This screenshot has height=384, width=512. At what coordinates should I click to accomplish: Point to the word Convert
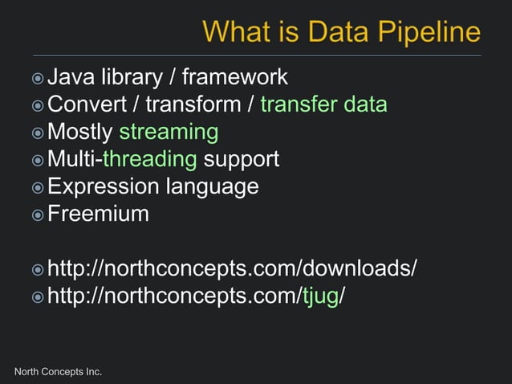pyautogui.click(x=86, y=104)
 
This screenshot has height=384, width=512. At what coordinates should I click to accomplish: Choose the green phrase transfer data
pyautogui.click(x=323, y=104)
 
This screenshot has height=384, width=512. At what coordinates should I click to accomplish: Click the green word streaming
pyautogui.click(x=169, y=131)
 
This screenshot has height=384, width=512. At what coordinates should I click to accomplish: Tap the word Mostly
pyautogui.click(x=80, y=131)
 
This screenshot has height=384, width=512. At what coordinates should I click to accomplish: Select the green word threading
pyautogui.click(x=149, y=158)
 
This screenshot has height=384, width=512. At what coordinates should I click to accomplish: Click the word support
pyautogui.click(x=242, y=158)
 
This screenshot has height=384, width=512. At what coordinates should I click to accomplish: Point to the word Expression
pyautogui.click(x=104, y=186)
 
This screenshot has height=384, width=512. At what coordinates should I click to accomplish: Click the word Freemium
pyautogui.click(x=98, y=214)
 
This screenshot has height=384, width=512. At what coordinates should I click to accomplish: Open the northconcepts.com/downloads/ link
pyautogui.click(x=232, y=268)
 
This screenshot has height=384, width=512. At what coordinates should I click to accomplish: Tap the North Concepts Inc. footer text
pyautogui.click(x=59, y=371)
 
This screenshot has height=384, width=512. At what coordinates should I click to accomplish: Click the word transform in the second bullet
pyautogui.click(x=193, y=104)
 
